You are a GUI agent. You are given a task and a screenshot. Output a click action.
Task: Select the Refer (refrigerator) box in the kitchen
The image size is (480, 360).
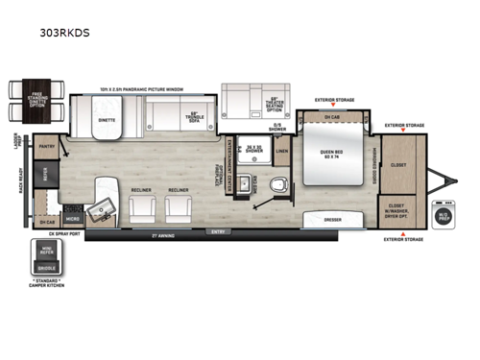click(44, 172)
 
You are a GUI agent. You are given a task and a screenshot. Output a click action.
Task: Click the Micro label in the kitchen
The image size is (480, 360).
click(74, 219)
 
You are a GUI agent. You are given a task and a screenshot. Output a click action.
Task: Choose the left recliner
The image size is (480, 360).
click(141, 204)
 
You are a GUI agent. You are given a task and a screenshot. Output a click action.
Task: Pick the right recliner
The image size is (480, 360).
click(179, 204)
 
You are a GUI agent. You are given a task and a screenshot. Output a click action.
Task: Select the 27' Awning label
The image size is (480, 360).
click(144, 233)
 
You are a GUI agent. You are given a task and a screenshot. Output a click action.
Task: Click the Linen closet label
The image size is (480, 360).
click(281, 150)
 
